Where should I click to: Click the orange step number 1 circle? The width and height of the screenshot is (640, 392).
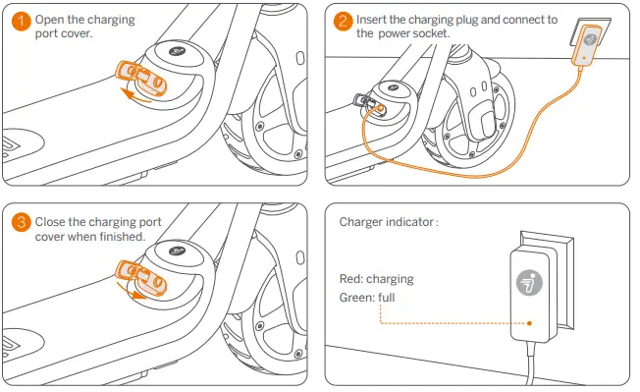pyautogui.click(x=21, y=21)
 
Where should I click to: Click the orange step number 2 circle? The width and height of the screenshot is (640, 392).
pyautogui.click(x=343, y=21)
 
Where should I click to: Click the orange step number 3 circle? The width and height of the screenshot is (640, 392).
pyautogui.click(x=21, y=223)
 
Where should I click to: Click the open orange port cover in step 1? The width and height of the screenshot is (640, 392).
pyautogui.click(x=141, y=78)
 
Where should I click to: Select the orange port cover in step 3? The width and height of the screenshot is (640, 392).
pyautogui.click(x=141, y=278)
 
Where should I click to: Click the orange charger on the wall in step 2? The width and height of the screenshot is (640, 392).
pyautogui.click(x=586, y=44)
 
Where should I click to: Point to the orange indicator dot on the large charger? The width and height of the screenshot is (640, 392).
pyautogui.click(x=529, y=323)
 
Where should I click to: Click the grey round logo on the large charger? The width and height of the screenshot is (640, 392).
pyautogui.click(x=529, y=282)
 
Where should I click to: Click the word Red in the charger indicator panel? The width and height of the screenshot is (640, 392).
pyautogui.click(x=350, y=279)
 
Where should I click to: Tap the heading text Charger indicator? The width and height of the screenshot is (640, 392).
pyautogui.click(x=387, y=222)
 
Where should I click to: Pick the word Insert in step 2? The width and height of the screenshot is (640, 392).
pyautogui.click(x=371, y=20)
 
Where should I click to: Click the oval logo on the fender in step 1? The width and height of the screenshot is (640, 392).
pyautogui.click(x=177, y=51)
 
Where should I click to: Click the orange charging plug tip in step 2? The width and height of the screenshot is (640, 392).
pyautogui.click(x=381, y=109)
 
